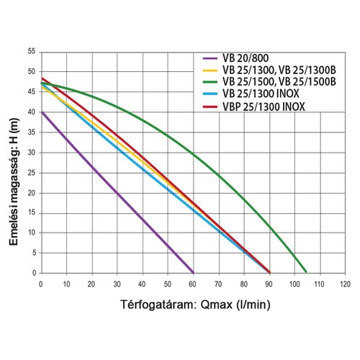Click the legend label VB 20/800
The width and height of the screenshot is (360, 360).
(246, 58)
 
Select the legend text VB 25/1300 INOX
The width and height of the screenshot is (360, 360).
(261, 94)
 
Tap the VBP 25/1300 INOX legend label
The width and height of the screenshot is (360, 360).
(264, 107)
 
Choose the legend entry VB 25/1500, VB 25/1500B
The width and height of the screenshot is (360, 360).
(279, 81)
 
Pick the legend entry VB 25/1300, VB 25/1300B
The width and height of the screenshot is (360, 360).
(279, 70)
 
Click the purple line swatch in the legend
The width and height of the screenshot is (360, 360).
(210, 58)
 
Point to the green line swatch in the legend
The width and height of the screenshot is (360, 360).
(210, 82)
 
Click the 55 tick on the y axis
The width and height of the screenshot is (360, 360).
(32, 51)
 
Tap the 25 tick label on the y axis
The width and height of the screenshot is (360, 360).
(32, 173)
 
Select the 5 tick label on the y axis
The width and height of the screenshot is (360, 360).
(34, 253)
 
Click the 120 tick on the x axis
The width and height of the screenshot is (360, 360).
(345, 284)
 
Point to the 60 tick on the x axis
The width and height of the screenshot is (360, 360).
(192, 284)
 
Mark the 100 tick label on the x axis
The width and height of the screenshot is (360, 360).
(294, 284)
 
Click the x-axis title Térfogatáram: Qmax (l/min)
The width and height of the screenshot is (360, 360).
(195, 305)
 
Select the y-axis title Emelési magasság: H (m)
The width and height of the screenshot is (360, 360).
(14, 181)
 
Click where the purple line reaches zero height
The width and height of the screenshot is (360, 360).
(193, 273)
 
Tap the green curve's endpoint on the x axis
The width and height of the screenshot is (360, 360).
(306, 271)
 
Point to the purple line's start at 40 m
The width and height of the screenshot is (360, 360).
(42, 112)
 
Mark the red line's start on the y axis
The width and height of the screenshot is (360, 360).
(42, 78)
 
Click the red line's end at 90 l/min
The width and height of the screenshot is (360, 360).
(269, 272)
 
